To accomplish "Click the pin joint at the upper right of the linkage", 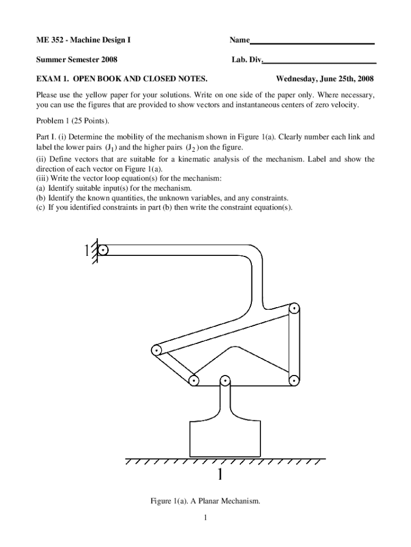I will click(294, 309).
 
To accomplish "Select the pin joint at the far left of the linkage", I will click(156, 351).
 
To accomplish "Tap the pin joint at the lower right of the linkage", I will click(294, 380).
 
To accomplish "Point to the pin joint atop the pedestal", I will click(225, 381).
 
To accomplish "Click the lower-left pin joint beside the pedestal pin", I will click(194, 381).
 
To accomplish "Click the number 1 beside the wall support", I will click(86, 251).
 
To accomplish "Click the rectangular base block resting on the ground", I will click(225, 438).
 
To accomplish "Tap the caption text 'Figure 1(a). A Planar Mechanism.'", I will click(205, 501).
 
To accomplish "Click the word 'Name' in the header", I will click(240, 40).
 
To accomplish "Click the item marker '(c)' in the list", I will click(41, 207).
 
